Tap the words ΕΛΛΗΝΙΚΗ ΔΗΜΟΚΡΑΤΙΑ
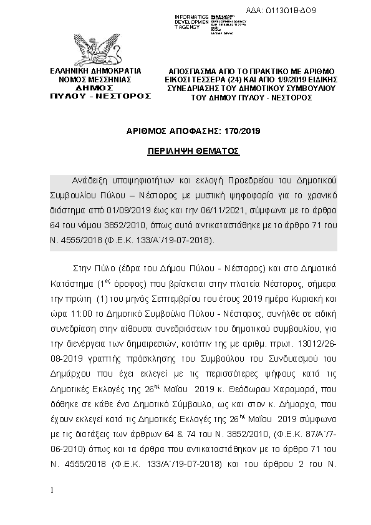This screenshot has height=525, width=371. coord(95,72)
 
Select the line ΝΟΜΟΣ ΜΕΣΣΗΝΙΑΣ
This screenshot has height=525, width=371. coord(95,80)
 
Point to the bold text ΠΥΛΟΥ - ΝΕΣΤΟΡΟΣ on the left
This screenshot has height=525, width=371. coord(100,97)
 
